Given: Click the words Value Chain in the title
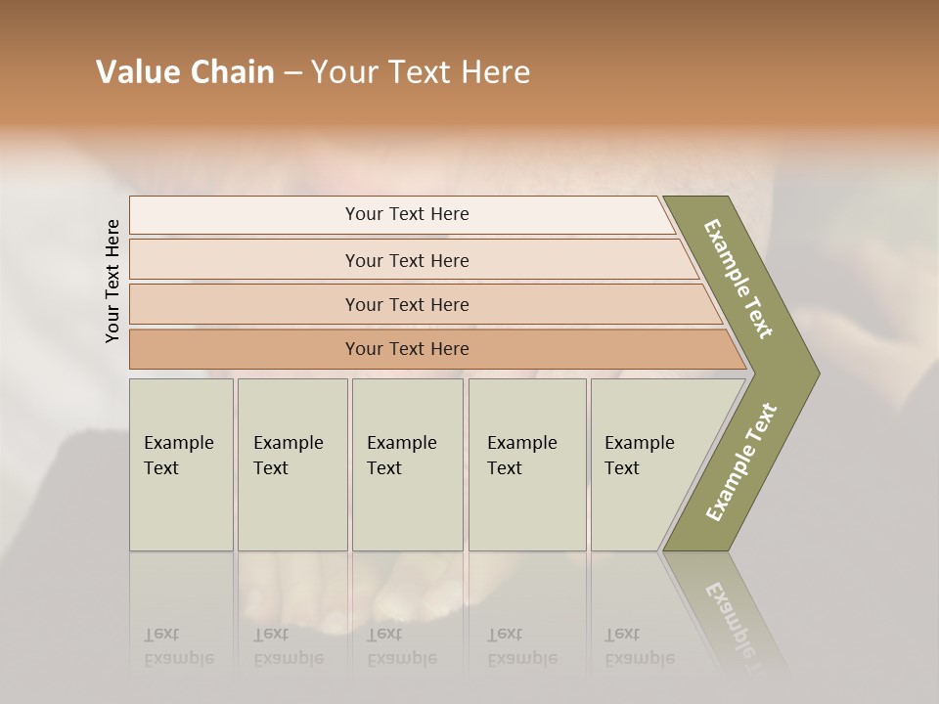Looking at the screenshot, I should tap(185, 72).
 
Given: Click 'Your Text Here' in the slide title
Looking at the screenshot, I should tap(421, 72).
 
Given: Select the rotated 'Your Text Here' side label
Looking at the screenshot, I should tap(112, 281).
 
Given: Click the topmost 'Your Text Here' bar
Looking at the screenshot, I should tap(407, 214).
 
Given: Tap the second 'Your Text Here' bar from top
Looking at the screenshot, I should tap(407, 260).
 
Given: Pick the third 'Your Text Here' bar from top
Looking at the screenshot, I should tap(407, 304).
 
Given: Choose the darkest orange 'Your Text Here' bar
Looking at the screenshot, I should tap(407, 349).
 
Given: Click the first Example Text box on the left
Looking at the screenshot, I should tap(181, 464).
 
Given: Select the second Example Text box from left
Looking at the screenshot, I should tap(291, 464).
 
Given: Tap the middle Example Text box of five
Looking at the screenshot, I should tap(407, 464).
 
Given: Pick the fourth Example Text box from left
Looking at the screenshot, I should tap(527, 464).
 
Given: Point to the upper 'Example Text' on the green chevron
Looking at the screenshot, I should tap(738, 279).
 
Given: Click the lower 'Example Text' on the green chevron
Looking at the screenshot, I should tap(741, 462).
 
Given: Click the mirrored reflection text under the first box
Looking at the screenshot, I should tap(178, 646).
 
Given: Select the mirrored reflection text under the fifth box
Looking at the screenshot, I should tap(639, 646).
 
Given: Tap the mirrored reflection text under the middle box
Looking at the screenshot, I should tap(401, 646).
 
